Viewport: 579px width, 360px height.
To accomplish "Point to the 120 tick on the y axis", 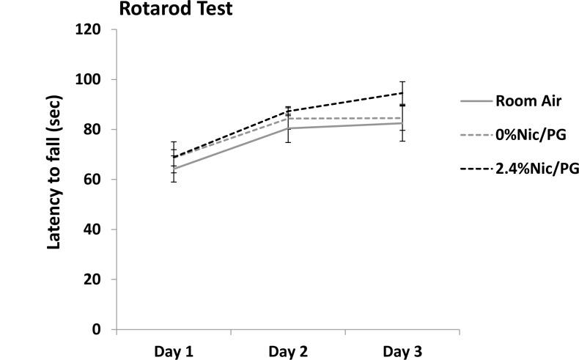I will [97, 30].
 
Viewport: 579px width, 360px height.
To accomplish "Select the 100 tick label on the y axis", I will [97, 80].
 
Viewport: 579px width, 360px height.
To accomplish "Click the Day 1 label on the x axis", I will [174, 351].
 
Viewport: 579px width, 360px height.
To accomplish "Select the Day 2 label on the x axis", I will [288, 351].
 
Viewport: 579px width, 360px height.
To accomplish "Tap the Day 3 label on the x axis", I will [402, 351].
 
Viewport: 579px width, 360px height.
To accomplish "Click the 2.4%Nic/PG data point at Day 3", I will [402, 93].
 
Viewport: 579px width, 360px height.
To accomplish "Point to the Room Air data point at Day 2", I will [288, 128].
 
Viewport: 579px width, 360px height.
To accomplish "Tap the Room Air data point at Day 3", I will [402, 123].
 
